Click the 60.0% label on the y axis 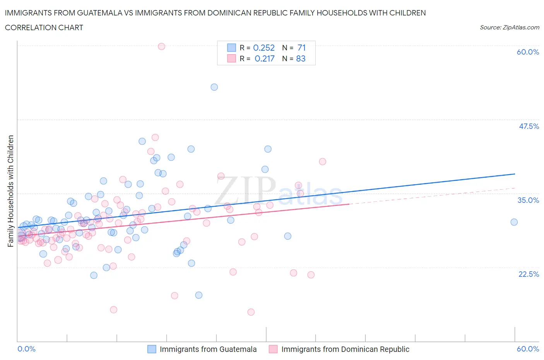(528, 52)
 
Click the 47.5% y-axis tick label (529, 126)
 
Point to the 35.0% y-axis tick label (528, 200)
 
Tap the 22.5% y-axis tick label (529, 274)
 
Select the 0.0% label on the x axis (27, 349)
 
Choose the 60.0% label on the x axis (528, 349)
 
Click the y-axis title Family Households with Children (10, 191)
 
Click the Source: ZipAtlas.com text (509, 27)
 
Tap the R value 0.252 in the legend (264, 48)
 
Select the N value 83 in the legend (301, 58)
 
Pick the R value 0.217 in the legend (264, 58)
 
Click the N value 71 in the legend (301, 48)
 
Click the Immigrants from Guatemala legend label (208, 349)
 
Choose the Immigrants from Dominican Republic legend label (345, 349)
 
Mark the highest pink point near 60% (161, 46)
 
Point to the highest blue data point (214, 87)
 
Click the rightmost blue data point (514, 222)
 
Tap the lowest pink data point (251, 312)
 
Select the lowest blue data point (198, 295)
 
